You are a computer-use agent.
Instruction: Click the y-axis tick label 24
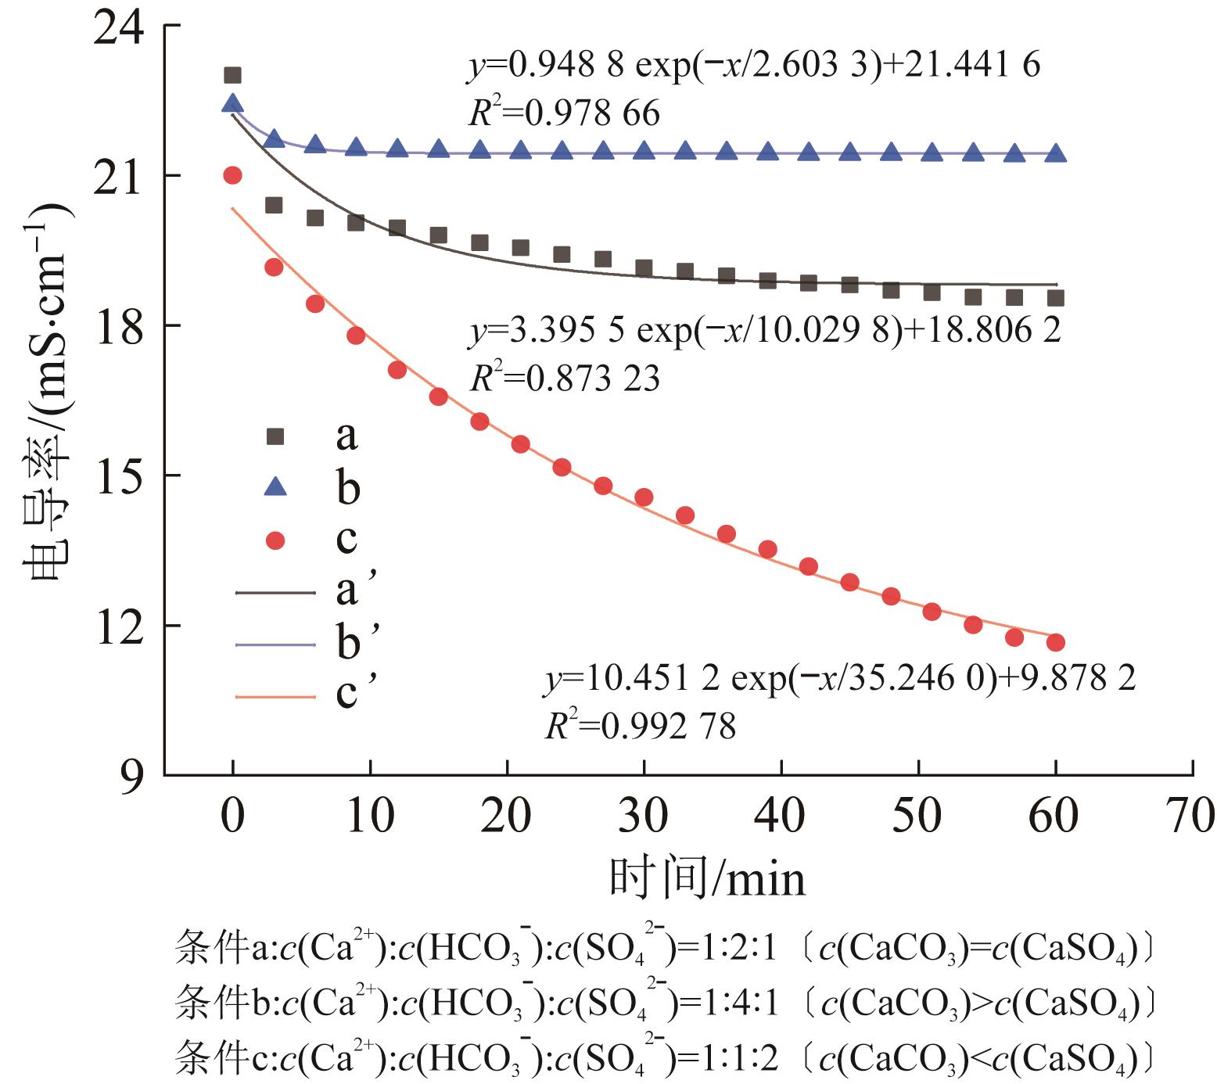[x=117, y=30]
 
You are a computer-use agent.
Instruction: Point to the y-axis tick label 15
[x=117, y=476]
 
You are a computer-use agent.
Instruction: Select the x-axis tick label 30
[x=644, y=816]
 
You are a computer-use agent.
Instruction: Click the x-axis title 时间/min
[x=708, y=878]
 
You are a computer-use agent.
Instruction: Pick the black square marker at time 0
[x=232, y=75]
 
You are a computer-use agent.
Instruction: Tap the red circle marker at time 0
[x=232, y=175]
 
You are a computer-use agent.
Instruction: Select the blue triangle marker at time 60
[x=1056, y=153]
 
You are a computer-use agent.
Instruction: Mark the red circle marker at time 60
[x=1056, y=642]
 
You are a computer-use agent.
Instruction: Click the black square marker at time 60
[x=1056, y=298]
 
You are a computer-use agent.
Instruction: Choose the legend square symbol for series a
[x=275, y=436]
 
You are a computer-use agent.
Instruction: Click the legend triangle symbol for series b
[x=275, y=488]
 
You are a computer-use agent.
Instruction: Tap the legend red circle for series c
[x=275, y=540]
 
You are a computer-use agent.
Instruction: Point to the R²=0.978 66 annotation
[x=564, y=114]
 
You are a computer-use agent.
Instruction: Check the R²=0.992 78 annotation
[x=640, y=727]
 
